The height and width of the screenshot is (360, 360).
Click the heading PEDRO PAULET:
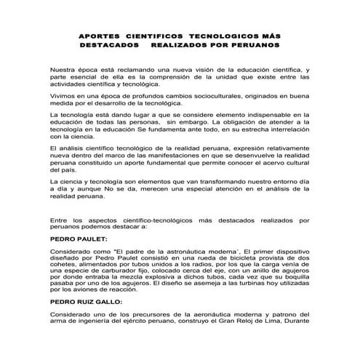click(x=78, y=237)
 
